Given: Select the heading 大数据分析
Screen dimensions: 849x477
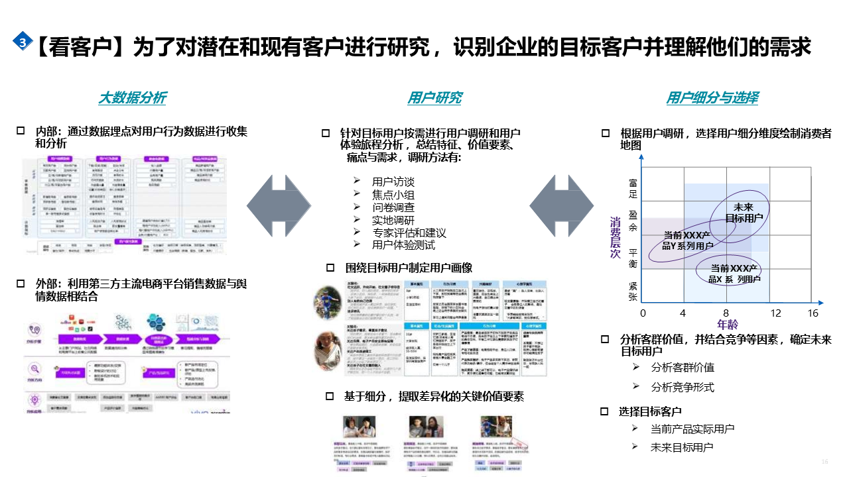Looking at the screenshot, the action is click(132, 98).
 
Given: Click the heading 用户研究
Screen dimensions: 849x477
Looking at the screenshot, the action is click(434, 98).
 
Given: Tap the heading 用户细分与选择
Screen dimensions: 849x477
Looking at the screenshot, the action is click(712, 98).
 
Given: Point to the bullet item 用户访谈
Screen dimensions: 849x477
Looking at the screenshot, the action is click(393, 182).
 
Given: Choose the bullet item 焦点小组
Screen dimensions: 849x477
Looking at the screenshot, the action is click(393, 194).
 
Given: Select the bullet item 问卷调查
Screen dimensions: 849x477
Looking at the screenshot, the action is click(393, 207).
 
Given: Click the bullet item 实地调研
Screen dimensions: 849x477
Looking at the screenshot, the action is click(393, 220).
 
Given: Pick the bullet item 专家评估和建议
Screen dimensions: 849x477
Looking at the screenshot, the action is click(409, 233).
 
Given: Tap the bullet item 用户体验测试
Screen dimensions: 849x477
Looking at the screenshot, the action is click(403, 245).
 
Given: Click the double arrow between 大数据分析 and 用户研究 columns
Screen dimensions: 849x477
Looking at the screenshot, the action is click(279, 205).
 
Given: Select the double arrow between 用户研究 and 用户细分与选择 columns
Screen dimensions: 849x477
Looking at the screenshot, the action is click(561, 205).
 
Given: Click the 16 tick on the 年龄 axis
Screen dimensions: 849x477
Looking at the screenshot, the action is click(813, 313).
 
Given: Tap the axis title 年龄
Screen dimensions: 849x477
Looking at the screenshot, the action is click(727, 325).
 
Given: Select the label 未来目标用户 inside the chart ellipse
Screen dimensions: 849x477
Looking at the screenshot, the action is click(744, 212).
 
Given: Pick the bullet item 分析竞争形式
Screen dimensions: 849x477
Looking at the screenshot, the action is click(683, 387).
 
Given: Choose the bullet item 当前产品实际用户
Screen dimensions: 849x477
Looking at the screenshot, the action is click(692, 429).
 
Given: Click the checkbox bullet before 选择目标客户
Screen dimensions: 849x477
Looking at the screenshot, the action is click(604, 411).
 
